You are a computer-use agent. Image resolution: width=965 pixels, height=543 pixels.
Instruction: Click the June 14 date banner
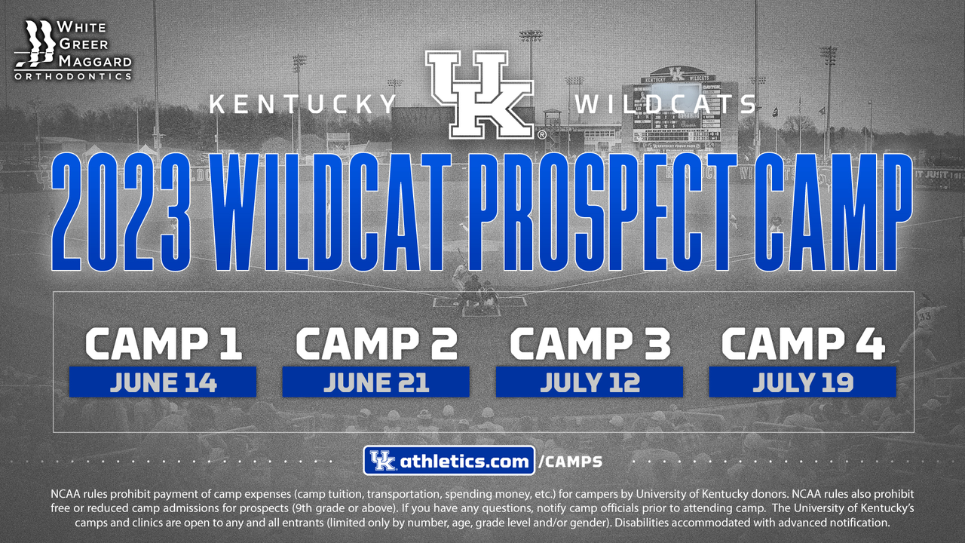click(x=163, y=382)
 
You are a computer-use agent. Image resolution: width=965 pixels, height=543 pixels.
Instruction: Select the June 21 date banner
click(x=375, y=382)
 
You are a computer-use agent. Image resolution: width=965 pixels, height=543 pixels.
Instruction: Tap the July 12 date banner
click(x=590, y=382)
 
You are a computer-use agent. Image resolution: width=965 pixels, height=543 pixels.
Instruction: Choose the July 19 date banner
click(x=803, y=382)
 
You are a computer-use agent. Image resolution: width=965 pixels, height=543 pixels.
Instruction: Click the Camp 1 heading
click(x=164, y=343)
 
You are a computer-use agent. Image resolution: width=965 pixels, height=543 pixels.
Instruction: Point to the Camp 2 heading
click(x=376, y=343)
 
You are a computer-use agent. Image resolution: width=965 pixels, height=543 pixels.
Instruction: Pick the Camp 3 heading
click(x=590, y=343)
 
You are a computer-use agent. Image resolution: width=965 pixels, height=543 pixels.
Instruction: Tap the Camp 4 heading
click(x=803, y=343)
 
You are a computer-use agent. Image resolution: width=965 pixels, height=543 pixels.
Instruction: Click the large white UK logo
click(x=480, y=95)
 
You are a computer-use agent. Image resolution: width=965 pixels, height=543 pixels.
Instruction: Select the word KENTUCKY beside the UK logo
click(x=303, y=104)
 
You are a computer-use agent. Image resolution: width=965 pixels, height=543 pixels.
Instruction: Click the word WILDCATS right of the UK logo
click(x=665, y=104)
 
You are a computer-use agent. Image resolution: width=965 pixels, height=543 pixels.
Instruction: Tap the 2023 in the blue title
click(x=121, y=213)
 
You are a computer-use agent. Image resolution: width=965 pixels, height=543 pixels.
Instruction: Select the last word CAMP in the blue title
click(x=833, y=213)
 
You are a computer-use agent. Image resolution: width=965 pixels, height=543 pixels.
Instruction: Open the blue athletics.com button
click(x=449, y=461)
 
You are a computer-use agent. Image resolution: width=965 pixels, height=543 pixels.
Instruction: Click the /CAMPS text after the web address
click(x=571, y=462)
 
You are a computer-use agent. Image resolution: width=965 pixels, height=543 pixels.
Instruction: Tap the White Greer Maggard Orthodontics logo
click(x=73, y=51)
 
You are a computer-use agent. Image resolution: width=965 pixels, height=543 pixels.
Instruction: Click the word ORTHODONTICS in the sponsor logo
click(x=73, y=77)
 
